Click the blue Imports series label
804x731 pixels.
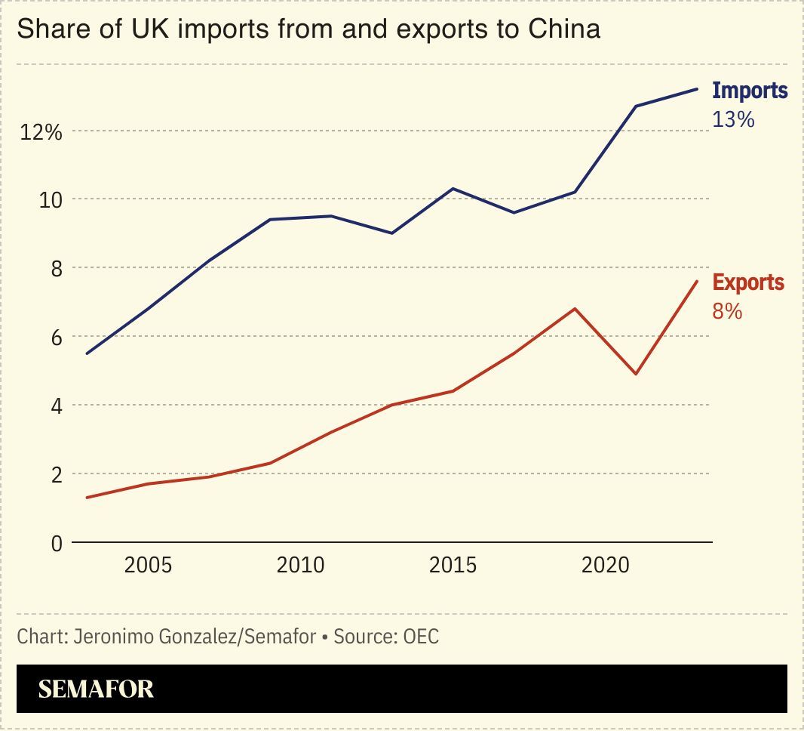(x=750, y=91)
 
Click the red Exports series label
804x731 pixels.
(x=748, y=282)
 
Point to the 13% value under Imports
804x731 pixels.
(x=733, y=119)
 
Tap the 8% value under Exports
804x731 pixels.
(x=727, y=311)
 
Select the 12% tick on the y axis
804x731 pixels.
(x=41, y=132)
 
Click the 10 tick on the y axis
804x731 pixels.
(x=48, y=200)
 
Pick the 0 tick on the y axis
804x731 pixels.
(x=56, y=543)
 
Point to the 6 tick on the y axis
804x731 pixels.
(x=56, y=338)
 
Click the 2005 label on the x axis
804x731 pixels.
(x=148, y=565)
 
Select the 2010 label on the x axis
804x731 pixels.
(x=300, y=565)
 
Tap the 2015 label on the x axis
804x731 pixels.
(x=453, y=565)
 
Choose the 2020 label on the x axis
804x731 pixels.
(x=605, y=565)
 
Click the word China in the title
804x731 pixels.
(x=564, y=29)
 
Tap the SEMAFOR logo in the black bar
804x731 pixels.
(x=96, y=689)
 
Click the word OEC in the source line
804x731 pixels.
(x=421, y=637)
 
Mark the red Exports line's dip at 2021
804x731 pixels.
(x=636, y=374)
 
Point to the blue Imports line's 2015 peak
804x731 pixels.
(x=453, y=188)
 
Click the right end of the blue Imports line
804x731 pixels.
(x=697, y=89)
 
